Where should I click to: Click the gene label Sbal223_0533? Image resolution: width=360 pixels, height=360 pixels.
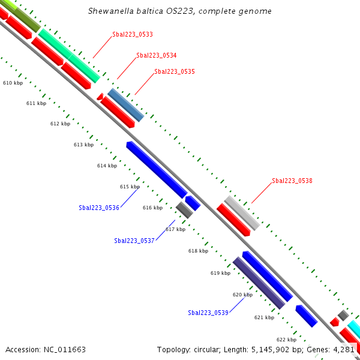pos(132,35)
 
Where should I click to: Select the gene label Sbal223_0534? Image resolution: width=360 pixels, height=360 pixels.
pos(156,55)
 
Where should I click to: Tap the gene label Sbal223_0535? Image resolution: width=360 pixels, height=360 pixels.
pos(174,71)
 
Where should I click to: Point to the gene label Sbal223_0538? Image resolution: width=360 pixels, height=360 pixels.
pos(292,181)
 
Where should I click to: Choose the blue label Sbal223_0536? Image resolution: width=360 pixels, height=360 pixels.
pos(98,208)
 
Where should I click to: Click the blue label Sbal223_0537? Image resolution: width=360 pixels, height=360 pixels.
pos(134,241)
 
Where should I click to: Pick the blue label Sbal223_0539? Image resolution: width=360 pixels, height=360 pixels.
pos(208,313)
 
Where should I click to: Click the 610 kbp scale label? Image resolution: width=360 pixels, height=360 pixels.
pos(13,83)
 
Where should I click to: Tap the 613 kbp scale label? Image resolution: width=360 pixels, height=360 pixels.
pos(83,145)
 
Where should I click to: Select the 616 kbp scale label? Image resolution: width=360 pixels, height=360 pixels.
pos(152,208)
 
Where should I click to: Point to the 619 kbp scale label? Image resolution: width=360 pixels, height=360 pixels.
pos(220,273)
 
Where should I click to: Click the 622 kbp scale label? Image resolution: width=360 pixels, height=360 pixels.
pos(286,339)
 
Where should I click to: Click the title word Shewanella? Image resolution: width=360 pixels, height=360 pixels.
pos(110,11)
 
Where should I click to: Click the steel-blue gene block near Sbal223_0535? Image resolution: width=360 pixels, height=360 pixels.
pos(126,105)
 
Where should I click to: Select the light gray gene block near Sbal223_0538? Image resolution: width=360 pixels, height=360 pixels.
pos(242,212)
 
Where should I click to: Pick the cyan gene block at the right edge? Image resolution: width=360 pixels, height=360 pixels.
pos(354,329)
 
